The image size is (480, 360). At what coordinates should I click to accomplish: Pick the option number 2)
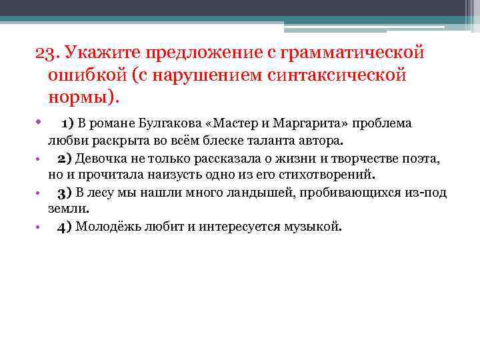point(65,159)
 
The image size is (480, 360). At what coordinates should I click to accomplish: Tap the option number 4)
point(65,226)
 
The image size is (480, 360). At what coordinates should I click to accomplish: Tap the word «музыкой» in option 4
point(317,226)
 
